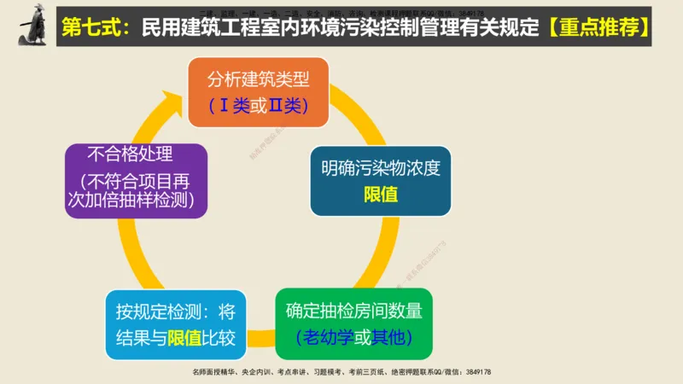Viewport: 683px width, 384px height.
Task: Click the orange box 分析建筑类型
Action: coord(258,92)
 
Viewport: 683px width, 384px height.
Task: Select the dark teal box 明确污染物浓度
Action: coord(380,180)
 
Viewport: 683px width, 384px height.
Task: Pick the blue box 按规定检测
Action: coord(175,324)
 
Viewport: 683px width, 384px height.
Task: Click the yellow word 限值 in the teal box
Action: coord(381,194)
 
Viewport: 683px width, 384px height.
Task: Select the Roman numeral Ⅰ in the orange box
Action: coord(225,106)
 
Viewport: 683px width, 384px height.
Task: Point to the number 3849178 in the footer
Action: coord(474,373)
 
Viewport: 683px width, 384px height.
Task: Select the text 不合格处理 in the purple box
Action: coord(131,156)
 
